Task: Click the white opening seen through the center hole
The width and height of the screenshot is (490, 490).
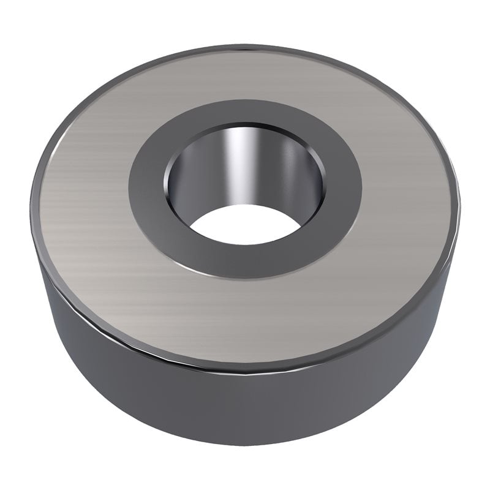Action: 245,224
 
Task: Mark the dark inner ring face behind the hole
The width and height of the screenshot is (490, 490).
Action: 245,113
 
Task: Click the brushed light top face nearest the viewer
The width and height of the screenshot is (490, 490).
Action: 245,318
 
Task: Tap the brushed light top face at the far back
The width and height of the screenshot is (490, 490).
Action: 245,73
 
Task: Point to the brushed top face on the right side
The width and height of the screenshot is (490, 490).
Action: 410,196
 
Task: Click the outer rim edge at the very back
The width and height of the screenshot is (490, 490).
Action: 245,47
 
